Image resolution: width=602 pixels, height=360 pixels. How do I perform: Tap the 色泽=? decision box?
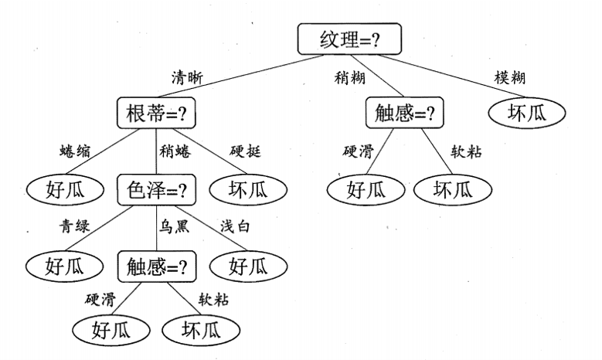click(x=156, y=188)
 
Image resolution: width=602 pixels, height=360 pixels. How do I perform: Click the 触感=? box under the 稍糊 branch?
click(x=405, y=114)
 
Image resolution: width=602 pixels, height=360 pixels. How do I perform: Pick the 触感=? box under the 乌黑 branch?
click(x=157, y=267)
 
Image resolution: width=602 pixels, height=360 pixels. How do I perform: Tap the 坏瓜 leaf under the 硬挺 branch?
click(x=247, y=188)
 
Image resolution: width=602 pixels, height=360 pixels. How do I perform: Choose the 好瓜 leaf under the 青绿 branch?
click(x=64, y=267)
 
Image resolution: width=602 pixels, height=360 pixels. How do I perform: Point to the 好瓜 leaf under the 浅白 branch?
click(x=247, y=267)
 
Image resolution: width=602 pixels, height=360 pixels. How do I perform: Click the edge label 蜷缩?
click(x=75, y=151)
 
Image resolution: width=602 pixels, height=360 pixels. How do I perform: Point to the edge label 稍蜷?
click(x=175, y=151)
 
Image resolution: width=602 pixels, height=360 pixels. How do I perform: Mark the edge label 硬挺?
click(x=245, y=151)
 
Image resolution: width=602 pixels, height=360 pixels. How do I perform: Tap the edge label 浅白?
click(x=234, y=227)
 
